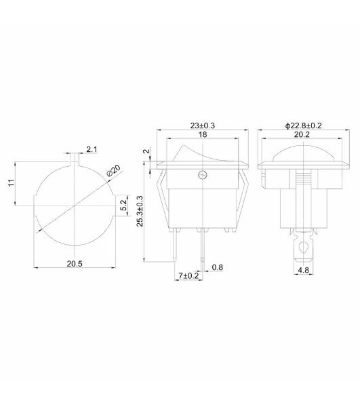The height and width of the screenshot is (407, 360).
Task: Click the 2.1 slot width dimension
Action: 92,149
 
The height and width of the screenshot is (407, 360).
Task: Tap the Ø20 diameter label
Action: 114,170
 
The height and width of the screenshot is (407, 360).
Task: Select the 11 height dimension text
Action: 11,182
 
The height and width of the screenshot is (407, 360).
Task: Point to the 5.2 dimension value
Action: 124,205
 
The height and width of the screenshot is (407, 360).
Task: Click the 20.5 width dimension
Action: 75,264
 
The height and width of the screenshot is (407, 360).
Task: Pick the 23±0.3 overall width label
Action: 203,125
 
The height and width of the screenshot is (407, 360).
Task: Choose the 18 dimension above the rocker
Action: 203,134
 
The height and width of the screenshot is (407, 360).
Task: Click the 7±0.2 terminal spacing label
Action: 188,275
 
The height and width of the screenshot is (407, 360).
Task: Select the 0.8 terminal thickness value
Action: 218,267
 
